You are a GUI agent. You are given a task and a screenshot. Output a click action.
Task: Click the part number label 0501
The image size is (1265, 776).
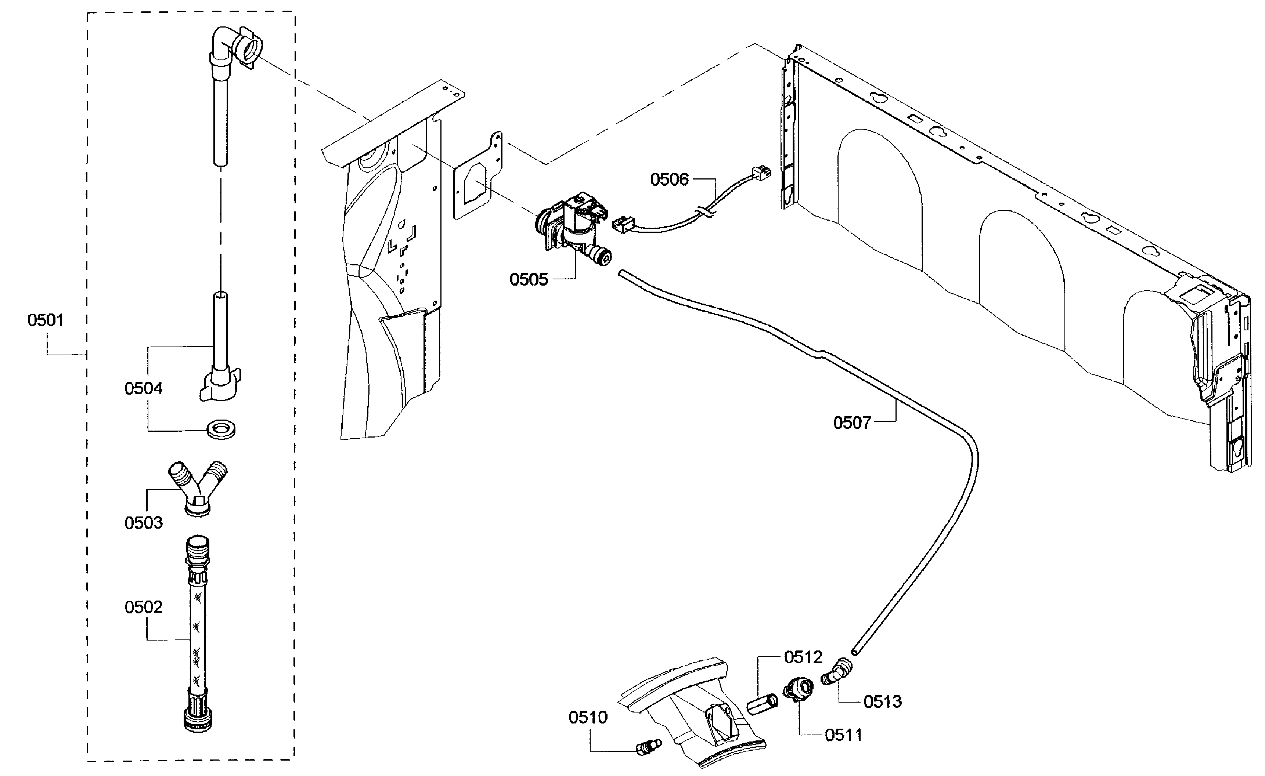point(46,321)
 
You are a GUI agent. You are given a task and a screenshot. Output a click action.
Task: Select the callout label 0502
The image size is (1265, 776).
point(143,607)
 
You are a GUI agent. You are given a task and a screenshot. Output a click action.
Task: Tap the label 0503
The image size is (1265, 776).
point(143,523)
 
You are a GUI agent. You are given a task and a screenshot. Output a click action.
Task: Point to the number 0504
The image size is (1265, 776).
point(143,388)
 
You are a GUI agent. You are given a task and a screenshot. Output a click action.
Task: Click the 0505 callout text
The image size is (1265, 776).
point(529,280)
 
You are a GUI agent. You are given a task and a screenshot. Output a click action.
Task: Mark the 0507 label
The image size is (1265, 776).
point(852,423)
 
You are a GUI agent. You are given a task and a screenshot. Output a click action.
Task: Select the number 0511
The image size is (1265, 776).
point(843,736)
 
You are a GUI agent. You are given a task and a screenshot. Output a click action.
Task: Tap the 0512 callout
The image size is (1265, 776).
point(803,657)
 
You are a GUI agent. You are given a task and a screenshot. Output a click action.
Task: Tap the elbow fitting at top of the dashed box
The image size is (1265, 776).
point(234,49)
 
